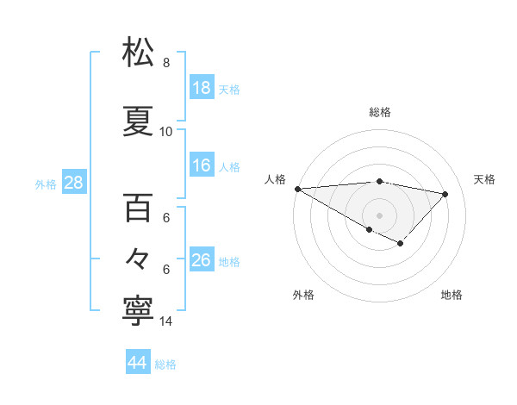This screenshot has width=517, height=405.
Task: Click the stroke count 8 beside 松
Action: click(x=166, y=63)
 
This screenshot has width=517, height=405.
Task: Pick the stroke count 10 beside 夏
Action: click(x=166, y=132)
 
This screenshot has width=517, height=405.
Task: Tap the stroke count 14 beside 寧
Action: click(x=166, y=321)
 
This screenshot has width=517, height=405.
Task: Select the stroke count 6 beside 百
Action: click(x=166, y=218)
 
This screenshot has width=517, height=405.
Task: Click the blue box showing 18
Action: click(x=202, y=89)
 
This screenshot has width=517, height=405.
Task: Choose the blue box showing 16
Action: click(x=202, y=166)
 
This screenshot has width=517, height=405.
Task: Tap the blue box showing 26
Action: click(x=202, y=260)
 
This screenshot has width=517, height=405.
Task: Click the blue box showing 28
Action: click(x=73, y=183)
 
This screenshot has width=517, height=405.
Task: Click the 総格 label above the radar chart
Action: click(x=380, y=112)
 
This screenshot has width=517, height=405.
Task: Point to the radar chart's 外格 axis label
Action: click(x=303, y=295)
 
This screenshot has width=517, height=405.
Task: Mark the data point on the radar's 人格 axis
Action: click(x=297, y=188)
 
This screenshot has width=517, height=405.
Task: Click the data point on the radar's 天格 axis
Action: click(x=445, y=194)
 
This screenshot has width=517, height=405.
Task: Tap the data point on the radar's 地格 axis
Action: click(x=400, y=244)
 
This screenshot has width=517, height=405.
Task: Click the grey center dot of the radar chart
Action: click(x=379, y=215)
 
